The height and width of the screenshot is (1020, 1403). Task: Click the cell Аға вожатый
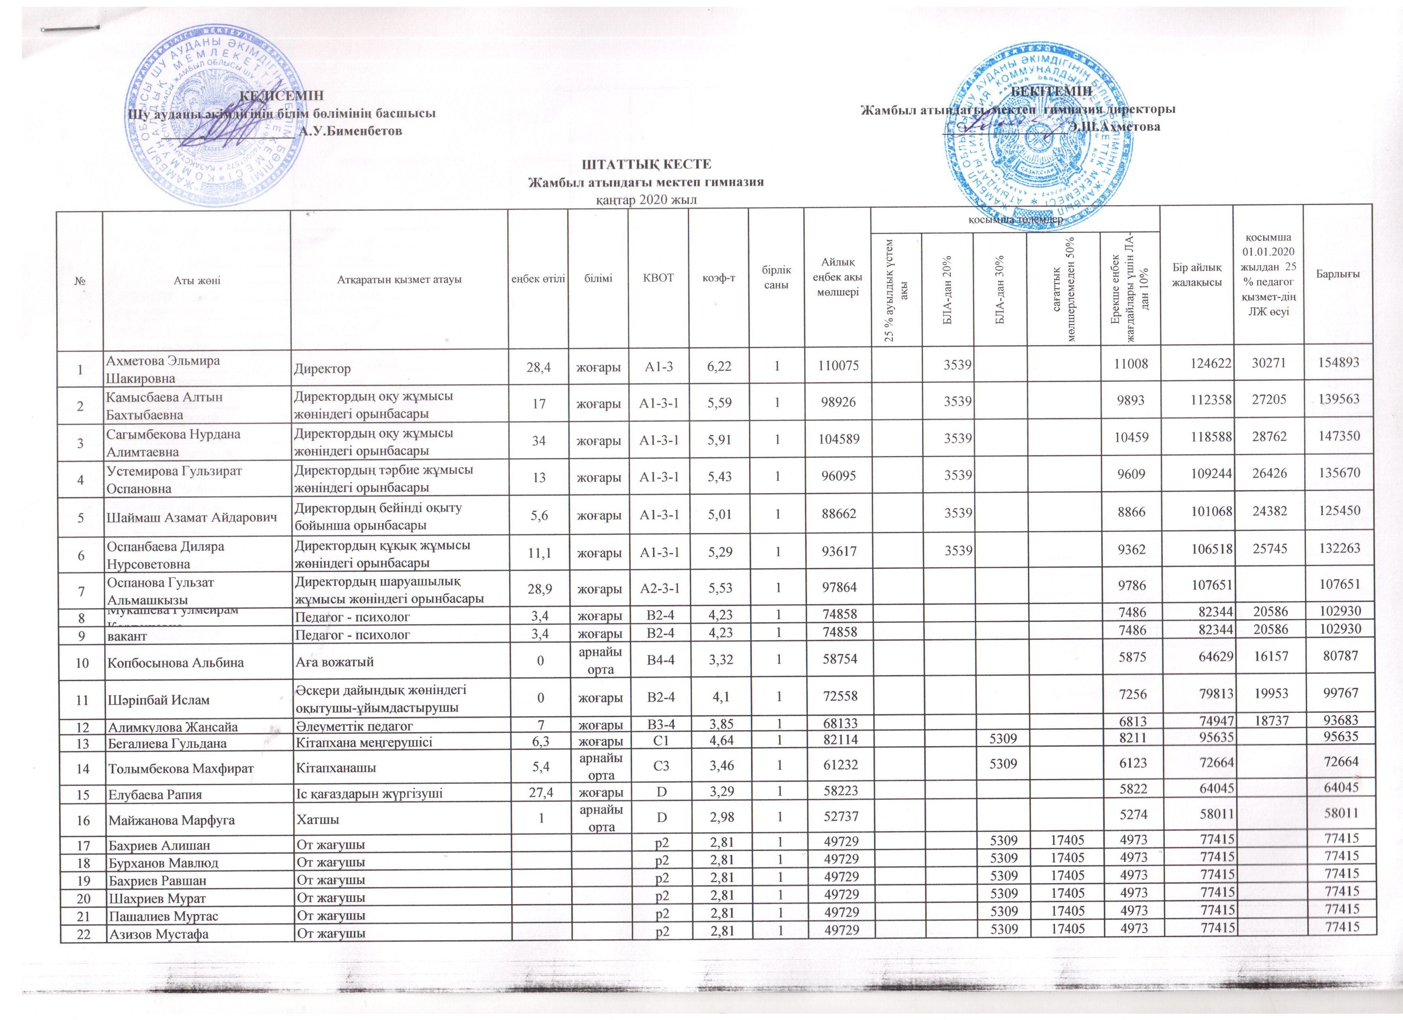(334, 662)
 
